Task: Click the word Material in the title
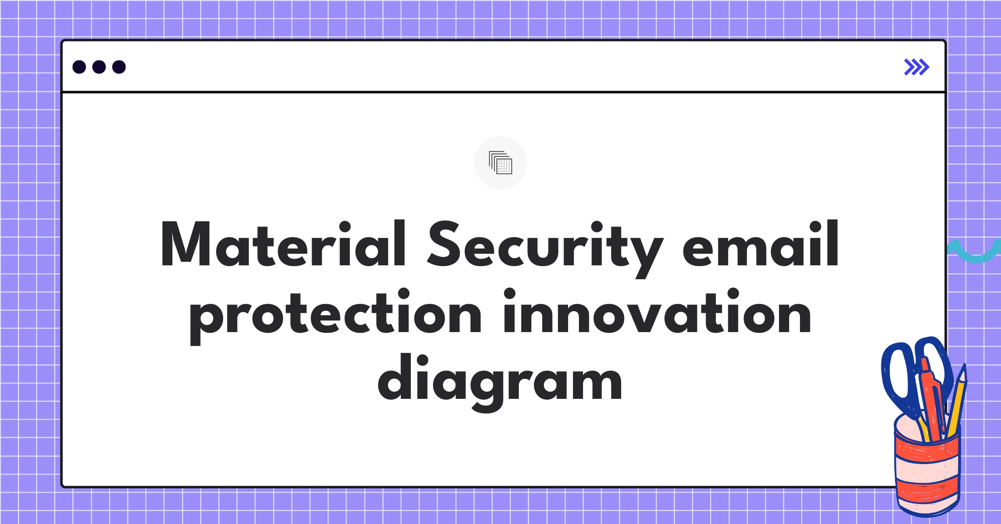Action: [283, 244]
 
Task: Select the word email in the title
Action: [760, 244]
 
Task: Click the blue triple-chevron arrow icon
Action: [916, 67]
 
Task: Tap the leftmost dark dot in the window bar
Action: [79, 67]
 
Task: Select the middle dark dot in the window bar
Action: [99, 67]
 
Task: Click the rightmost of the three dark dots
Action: [119, 67]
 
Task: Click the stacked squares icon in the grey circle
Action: [500, 163]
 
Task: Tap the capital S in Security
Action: [445, 244]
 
